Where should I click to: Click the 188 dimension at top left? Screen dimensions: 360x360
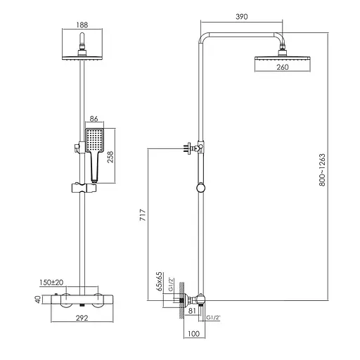82,25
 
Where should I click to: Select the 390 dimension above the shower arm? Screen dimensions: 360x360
241,17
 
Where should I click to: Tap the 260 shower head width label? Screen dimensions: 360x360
283,67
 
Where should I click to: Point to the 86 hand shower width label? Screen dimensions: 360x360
94,119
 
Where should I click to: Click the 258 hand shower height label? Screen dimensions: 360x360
110,157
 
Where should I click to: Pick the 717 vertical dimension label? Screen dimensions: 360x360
143,215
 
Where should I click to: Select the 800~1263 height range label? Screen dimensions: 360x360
322,170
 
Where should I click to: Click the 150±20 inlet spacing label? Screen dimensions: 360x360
51,283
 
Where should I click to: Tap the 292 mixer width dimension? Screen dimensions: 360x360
82,318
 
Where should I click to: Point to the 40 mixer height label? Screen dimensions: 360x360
38,300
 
